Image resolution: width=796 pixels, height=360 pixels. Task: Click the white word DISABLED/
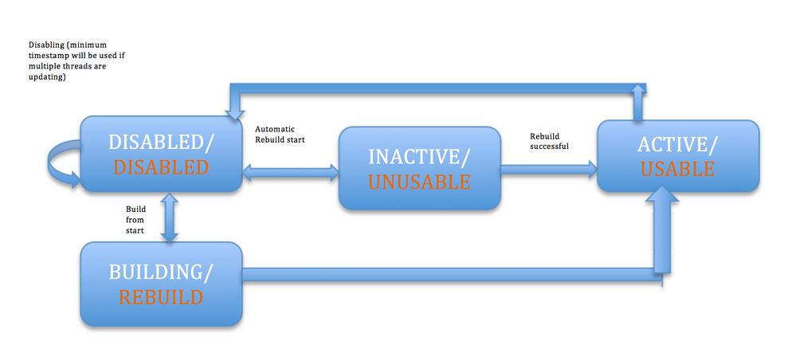pyautogui.click(x=161, y=143)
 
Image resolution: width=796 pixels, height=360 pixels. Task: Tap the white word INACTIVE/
pyautogui.click(x=419, y=157)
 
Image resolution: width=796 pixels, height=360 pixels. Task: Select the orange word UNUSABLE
pyautogui.click(x=419, y=182)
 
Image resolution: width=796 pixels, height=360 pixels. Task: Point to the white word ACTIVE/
pyautogui.click(x=678, y=145)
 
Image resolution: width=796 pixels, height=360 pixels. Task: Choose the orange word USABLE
pyautogui.click(x=678, y=169)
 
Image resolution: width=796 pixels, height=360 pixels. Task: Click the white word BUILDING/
pyautogui.click(x=161, y=272)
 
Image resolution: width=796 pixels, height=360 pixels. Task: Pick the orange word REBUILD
pyautogui.click(x=161, y=297)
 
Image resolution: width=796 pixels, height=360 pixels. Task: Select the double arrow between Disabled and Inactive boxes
pyautogui.click(x=290, y=173)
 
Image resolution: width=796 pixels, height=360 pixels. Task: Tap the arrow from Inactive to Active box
pyautogui.click(x=549, y=170)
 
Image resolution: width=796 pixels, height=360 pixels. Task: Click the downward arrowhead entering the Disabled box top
pyautogui.click(x=234, y=114)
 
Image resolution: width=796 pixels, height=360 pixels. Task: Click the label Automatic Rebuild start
pyautogui.click(x=280, y=135)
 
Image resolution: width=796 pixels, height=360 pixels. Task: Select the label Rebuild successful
pyautogui.click(x=549, y=141)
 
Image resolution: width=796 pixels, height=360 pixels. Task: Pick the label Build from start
pyautogui.click(x=135, y=219)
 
